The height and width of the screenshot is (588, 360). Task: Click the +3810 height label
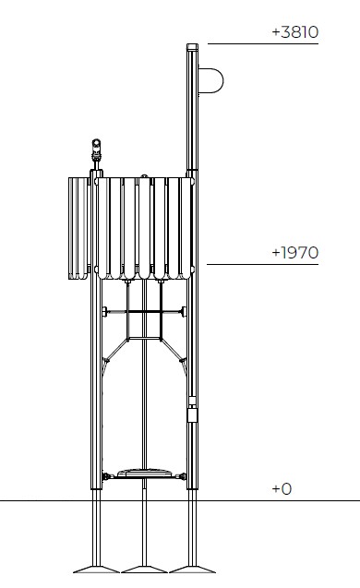click(295, 32)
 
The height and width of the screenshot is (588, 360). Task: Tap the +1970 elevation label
click(295, 253)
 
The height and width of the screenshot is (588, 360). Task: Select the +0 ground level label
click(282, 488)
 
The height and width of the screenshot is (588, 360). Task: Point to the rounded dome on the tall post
click(210, 80)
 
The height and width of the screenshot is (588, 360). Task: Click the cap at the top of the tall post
click(192, 47)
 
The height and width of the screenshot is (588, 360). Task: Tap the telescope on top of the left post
click(96, 150)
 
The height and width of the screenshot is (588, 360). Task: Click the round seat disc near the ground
click(144, 473)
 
